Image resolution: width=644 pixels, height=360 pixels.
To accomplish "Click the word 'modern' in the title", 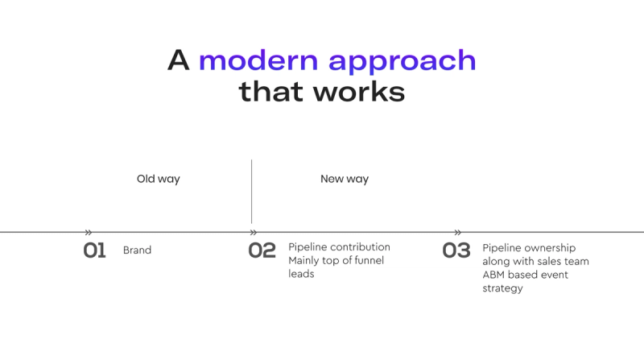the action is pyautogui.click(x=258, y=60).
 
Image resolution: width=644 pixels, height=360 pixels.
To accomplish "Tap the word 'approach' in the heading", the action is pyautogui.click(x=402, y=63).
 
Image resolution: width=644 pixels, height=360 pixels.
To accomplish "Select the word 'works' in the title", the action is pyautogui.click(x=359, y=92).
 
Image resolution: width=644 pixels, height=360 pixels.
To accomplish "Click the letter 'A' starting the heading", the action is pyautogui.click(x=178, y=60).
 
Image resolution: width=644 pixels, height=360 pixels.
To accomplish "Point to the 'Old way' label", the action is pyautogui.click(x=158, y=179).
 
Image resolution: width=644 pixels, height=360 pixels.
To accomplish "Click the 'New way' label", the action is pyautogui.click(x=345, y=179).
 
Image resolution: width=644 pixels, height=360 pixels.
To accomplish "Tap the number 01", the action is pyautogui.click(x=94, y=250).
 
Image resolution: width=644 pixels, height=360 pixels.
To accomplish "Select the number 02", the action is pyautogui.click(x=262, y=250).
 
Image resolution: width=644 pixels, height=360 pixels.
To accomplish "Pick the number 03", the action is pyautogui.click(x=456, y=250).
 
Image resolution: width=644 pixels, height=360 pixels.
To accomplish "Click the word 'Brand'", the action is pyautogui.click(x=137, y=250).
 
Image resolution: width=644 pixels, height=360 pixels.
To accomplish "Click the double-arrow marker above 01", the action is pyautogui.click(x=89, y=233).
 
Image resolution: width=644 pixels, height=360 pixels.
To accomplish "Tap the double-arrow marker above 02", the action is pyautogui.click(x=254, y=233).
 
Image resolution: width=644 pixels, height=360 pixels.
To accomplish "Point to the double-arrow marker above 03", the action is pyautogui.click(x=458, y=233).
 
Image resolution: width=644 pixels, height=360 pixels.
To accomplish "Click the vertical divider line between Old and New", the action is pyautogui.click(x=251, y=192).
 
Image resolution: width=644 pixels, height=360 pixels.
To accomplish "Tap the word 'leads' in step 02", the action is pyautogui.click(x=301, y=274).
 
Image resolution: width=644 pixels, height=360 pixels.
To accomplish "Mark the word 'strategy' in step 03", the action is pyautogui.click(x=502, y=288).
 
